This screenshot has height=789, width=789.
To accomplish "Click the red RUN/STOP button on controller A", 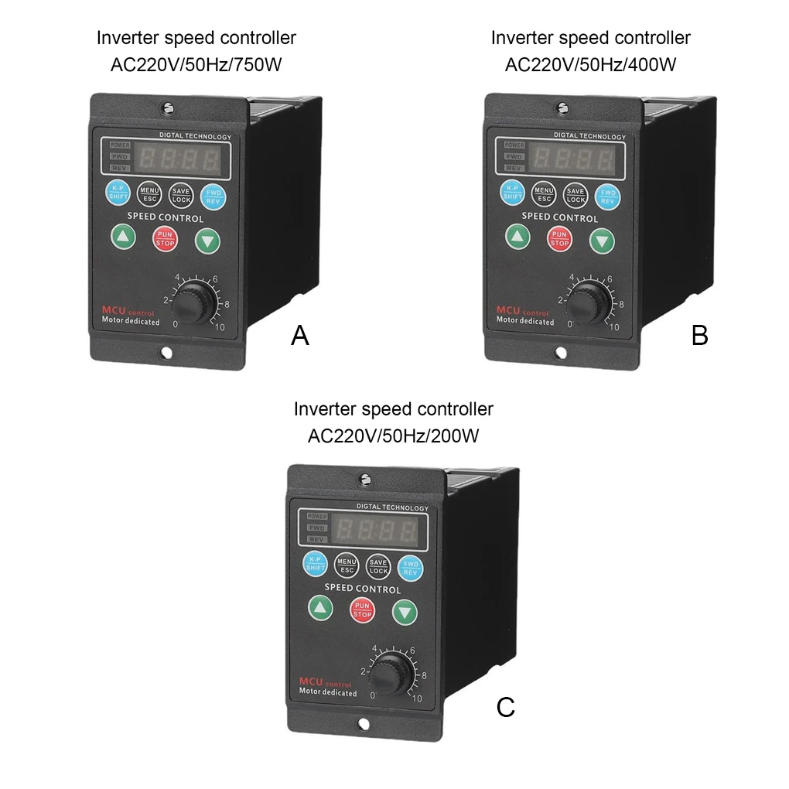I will [166, 238].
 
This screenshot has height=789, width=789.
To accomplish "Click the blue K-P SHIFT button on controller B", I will [513, 193].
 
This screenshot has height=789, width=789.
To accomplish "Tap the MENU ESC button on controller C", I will [346, 565].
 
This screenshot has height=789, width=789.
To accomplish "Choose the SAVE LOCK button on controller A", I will [181, 195].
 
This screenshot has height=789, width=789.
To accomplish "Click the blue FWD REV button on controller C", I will [410, 568].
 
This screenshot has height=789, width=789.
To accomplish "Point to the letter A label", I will [299, 335].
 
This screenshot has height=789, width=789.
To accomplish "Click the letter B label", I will [699, 335].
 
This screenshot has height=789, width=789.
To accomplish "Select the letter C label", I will [505, 706].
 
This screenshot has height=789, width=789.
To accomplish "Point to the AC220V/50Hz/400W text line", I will [590, 64].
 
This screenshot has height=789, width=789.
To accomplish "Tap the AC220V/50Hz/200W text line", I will [393, 435].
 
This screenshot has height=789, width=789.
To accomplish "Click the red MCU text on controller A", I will [114, 311].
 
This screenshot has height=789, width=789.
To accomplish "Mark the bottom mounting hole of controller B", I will [561, 353].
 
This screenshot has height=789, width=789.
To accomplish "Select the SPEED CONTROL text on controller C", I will [362, 589].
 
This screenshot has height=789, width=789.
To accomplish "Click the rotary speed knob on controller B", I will [590, 303].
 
